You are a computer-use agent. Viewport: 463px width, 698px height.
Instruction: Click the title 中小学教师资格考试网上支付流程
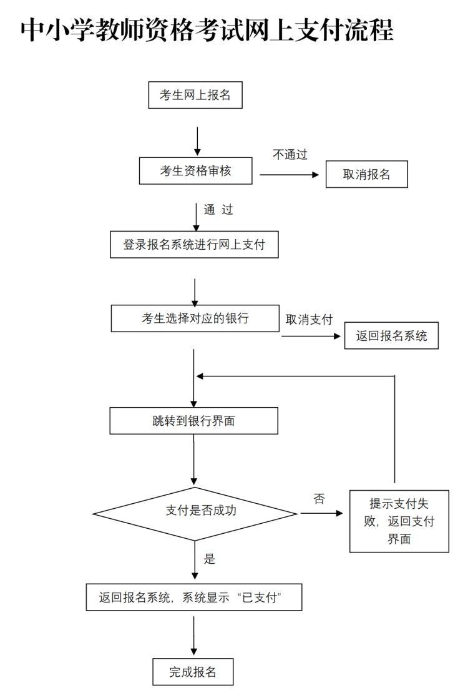point(207,29)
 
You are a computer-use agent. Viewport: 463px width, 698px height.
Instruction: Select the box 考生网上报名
point(195,96)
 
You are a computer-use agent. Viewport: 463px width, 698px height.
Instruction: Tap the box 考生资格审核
point(195,171)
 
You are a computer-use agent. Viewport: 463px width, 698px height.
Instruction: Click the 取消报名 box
point(366,174)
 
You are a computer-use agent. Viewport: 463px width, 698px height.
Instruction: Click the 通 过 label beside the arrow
point(218,210)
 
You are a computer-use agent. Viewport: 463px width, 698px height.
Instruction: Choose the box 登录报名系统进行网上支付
point(194,245)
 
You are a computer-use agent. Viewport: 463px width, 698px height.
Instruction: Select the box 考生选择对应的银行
point(195,318)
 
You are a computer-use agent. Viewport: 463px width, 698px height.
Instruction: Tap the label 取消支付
point(309,319)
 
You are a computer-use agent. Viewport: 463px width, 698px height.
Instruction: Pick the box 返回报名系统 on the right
point(391,335)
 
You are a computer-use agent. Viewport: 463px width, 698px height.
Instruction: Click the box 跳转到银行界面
point(193,421)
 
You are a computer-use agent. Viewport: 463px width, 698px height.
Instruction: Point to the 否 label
point(319,499)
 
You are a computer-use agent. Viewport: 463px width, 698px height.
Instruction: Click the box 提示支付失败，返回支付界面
point(399,521)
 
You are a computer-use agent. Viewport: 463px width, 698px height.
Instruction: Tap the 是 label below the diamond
point(210,559)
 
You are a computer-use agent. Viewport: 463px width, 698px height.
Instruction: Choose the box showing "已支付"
point(193,597)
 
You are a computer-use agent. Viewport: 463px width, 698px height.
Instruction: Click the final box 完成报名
point(193,672)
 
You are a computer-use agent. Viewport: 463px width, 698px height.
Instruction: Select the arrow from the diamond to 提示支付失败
point(321,513)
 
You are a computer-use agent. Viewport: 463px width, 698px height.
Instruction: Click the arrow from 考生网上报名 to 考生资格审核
point(198,141)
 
